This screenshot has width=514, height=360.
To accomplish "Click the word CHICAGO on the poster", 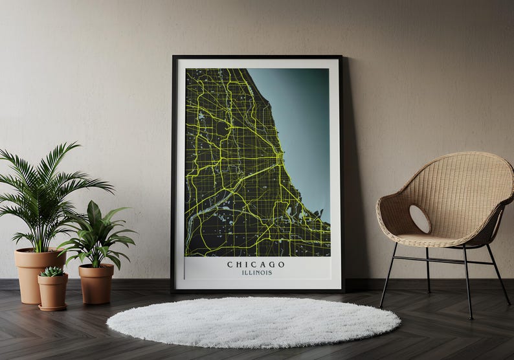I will (x=256, y=264).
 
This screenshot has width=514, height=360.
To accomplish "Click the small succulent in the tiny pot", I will (x=52, y=271).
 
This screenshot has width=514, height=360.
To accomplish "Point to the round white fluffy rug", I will (x=253, y=321).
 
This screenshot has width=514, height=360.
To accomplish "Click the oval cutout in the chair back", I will (x=419, y=219).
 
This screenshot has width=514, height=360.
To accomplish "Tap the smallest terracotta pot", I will (x=52, y=292).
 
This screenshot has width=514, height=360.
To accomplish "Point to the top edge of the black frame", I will (x=257, y=57).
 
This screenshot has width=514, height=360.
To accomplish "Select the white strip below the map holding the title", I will (x=257, y=269).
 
